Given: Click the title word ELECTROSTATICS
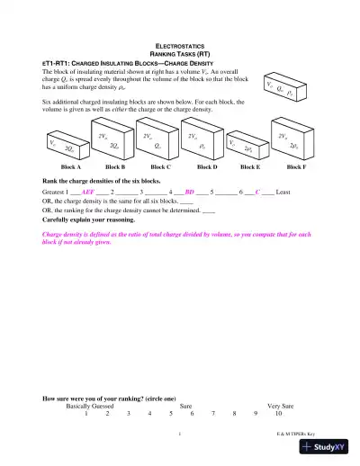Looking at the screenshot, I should point(179,44).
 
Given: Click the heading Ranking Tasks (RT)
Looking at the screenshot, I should point(179,53).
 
